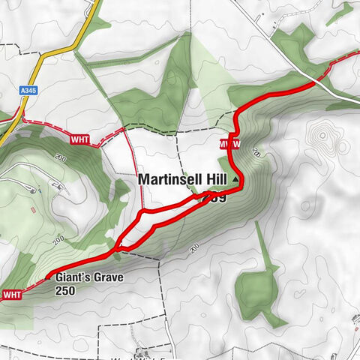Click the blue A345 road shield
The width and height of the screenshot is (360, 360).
pyautogui.click(x=27, y=89)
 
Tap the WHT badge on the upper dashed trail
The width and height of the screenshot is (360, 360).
pyautogui.click(x=79, y=139)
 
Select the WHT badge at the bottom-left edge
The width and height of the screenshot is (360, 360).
pyautogui.click(x=13, y=293)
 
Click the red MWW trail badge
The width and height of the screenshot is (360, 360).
pyautogui.click(x=229, y=143)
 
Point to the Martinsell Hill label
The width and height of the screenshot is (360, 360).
pyautogui.click(x=184, y=180)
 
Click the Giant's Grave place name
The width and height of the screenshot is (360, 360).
pyautogui.click(x=88, y=278)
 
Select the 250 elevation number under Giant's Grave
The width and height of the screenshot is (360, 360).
pyautogui.click(x=67, y=292)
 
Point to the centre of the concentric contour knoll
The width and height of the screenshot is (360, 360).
pyautogui.click(x=324, y=137)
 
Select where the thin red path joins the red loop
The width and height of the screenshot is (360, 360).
pyautogui.click(x=142, y=214)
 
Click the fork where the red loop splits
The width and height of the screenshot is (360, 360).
pyautogui.click(x=118, y=245)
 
